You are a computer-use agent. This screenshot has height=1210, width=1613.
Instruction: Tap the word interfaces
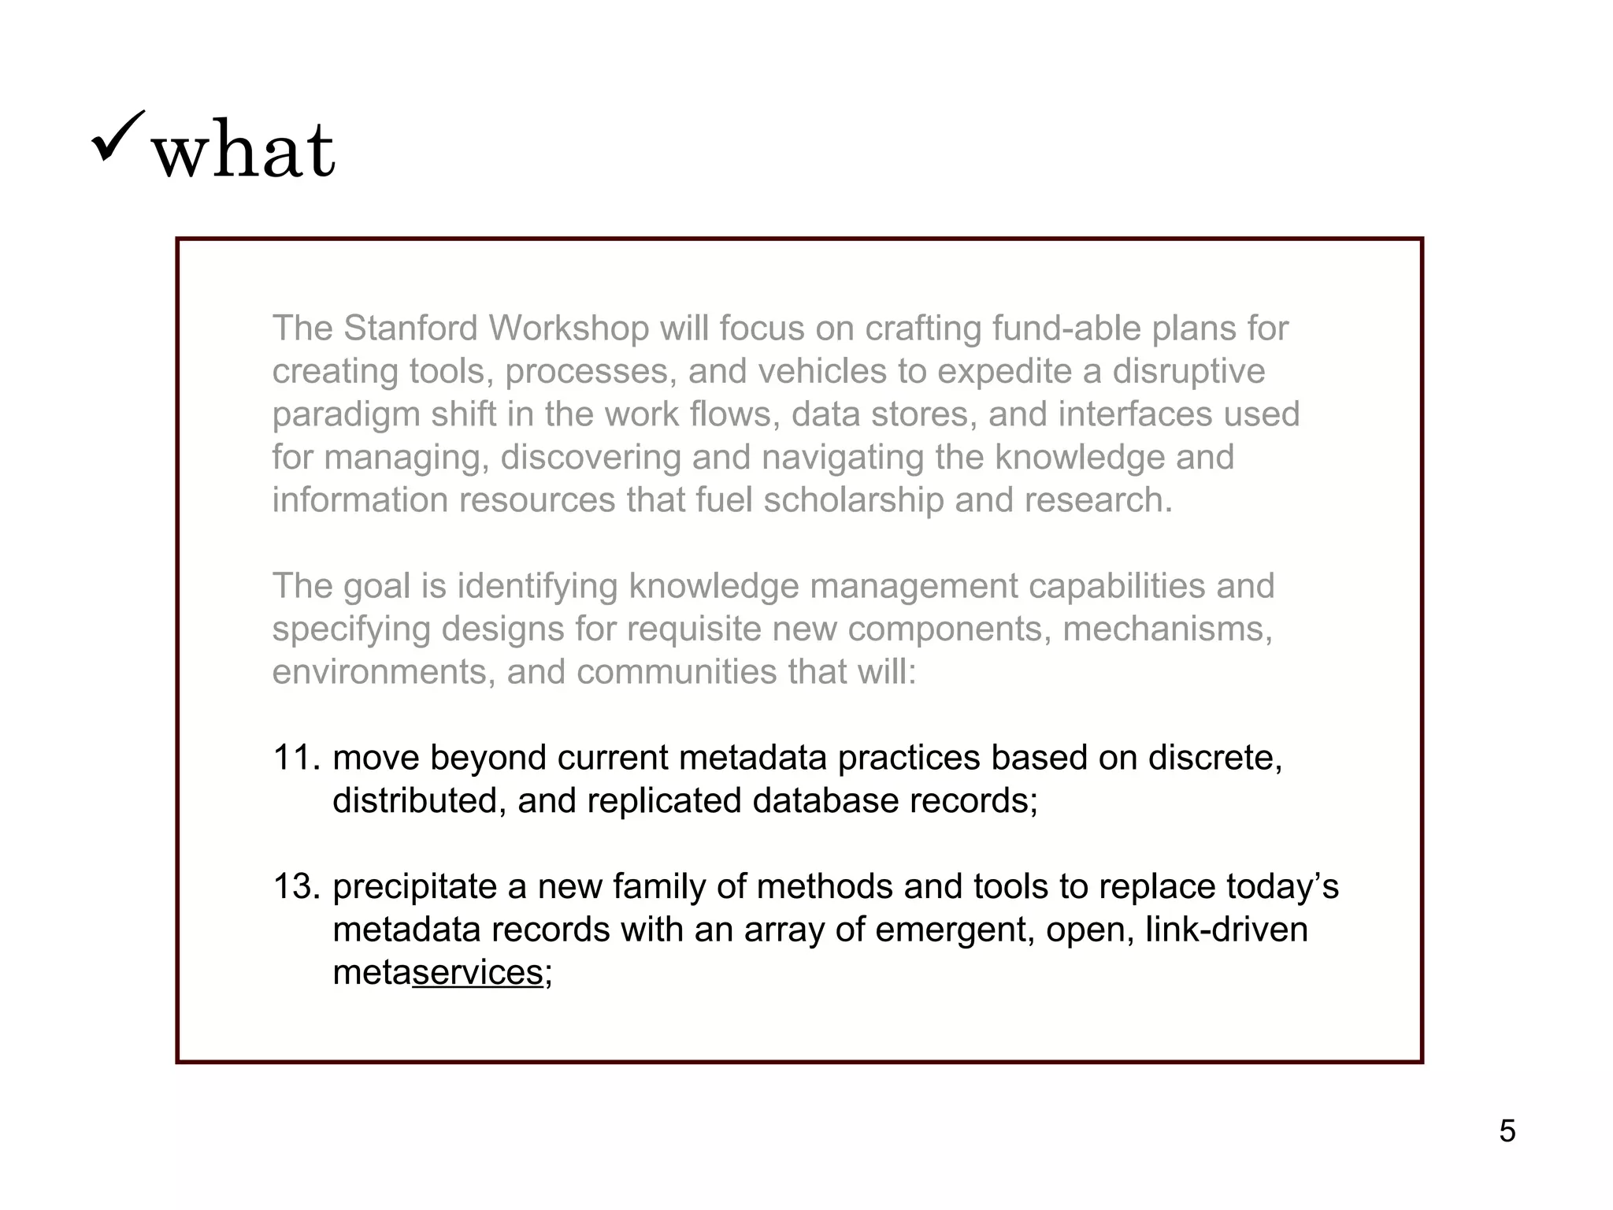click(x=1134, y=414)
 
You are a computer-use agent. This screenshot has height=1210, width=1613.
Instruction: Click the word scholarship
click(x=853, y=500)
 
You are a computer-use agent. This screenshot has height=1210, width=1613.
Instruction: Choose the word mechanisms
click(x=1167, y=629)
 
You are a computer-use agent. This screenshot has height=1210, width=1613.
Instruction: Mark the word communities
click(x=676, y=672)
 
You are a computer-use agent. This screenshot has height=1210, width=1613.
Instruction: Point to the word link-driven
click(x=1226, y=930)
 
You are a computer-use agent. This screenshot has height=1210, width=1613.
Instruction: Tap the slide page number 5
click(x=1507, y=1131)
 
